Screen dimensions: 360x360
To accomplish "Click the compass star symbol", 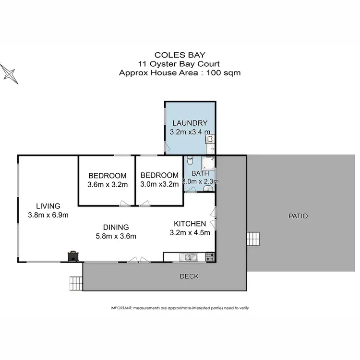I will point(9,73).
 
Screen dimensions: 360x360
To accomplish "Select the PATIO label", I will point(299,216).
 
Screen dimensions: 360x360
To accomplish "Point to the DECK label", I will point(189,276).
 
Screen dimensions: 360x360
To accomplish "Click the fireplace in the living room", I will point(72,256).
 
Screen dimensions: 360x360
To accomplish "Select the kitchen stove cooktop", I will point(209,257).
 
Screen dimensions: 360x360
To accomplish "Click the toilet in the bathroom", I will point(191,161).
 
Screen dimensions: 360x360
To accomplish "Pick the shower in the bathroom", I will point(209,163).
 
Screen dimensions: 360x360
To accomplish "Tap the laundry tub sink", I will point(210,139).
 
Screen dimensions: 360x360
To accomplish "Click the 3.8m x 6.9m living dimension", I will point(48,216).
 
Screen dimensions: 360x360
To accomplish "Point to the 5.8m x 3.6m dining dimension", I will point(115,236).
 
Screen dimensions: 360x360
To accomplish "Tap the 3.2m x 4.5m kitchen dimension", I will point(190,233).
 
